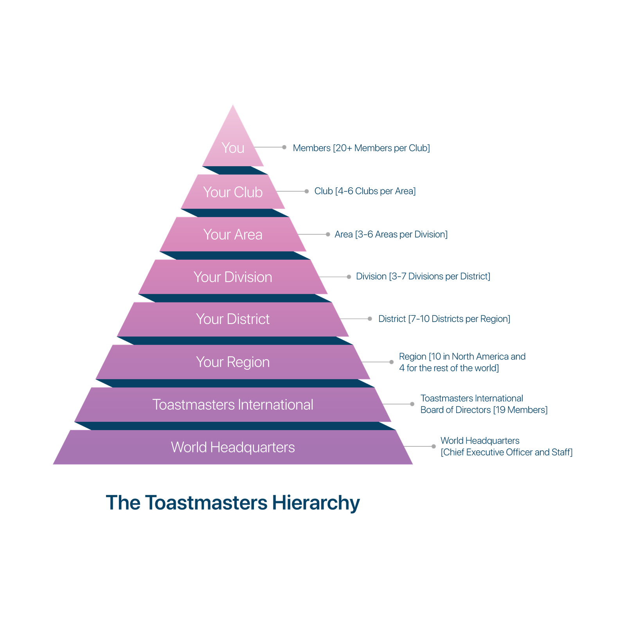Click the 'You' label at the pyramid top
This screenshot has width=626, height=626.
coord(233,148)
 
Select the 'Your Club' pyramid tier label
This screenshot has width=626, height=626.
coord(233,192)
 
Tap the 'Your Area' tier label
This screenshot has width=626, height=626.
coord(233,234)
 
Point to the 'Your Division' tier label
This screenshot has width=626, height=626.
coord(233,277)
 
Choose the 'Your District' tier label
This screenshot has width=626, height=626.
coord(233,319)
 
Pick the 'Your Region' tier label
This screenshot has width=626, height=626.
coord(233,362)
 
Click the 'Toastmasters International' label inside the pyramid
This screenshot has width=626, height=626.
coord(233,405)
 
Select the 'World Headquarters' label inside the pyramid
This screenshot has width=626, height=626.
coord(233,447)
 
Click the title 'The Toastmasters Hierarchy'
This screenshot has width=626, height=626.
coord(233,503)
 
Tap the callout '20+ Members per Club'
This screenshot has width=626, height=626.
coord(382,148)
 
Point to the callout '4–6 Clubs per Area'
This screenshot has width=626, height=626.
coord(376,191)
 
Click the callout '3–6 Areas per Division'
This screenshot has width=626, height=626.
coord(401,234)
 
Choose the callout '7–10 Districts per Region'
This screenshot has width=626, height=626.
coord(460,319)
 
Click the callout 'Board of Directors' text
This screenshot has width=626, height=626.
coord(456,410)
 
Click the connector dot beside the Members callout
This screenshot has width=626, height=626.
coord(284,148)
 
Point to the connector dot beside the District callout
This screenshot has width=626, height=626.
coord(370,319)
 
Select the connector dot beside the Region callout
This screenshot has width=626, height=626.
coord(391,362)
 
